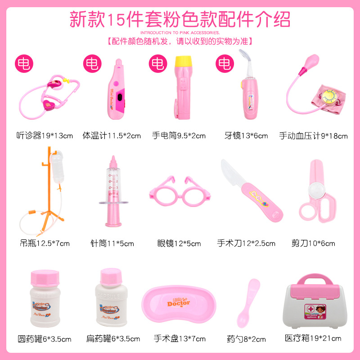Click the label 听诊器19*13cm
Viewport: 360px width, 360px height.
coord(45,135)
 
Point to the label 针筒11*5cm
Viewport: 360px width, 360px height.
coord(112,244)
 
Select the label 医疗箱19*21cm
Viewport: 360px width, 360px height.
coord(313,338)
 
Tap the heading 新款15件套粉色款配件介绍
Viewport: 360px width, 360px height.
coord(180,18)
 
